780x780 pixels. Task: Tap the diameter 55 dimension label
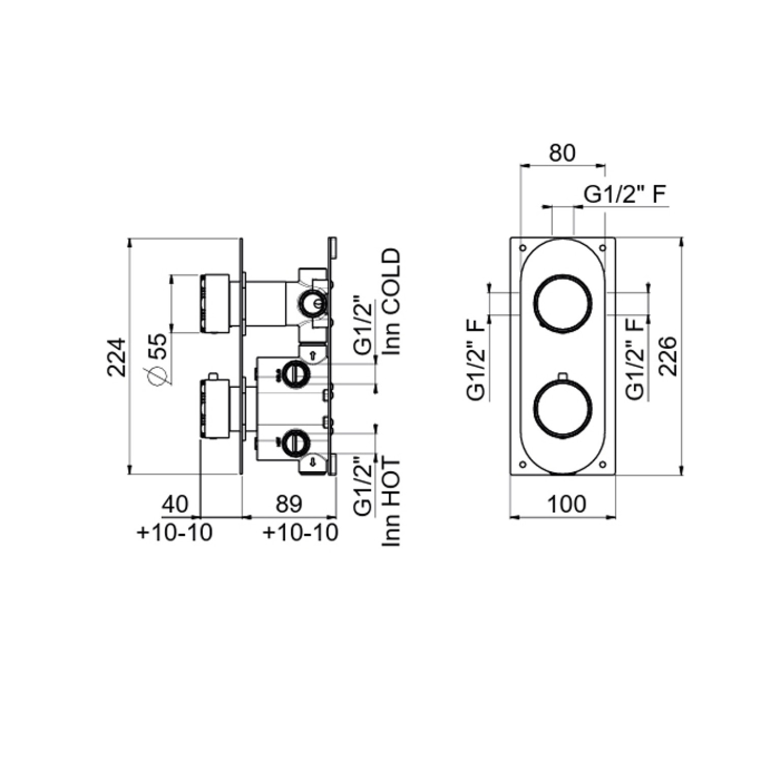(x=157, y=359)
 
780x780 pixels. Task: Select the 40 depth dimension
(x=175, y=504)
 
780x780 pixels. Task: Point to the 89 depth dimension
(x=289, y=504)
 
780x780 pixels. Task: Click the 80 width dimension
(x=562, y=153)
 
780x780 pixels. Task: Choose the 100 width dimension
(x=567, y=504)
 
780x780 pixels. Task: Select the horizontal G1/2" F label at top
(x=625, y=195)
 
